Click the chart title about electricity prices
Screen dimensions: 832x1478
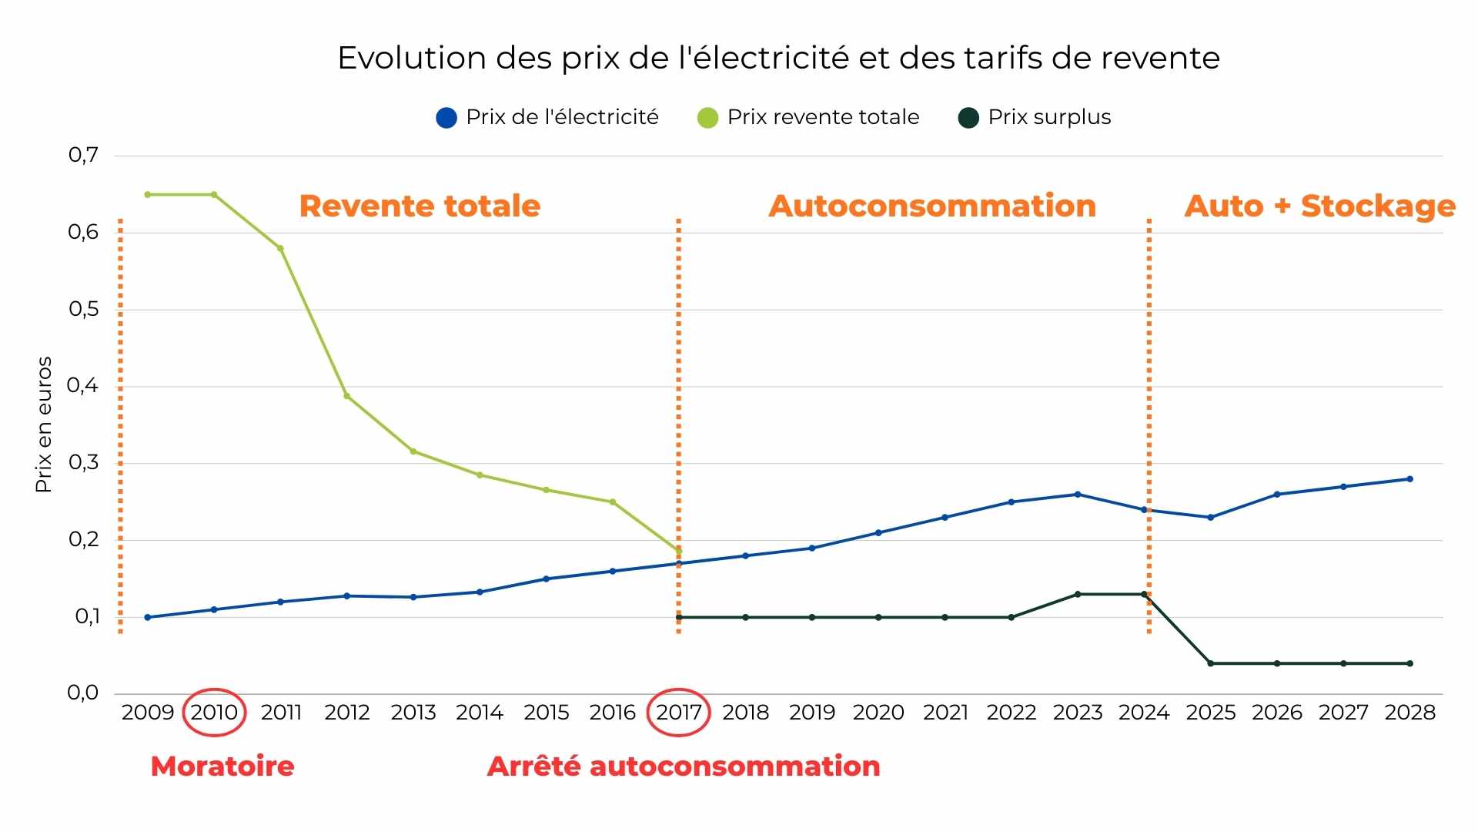(x=778, y=59)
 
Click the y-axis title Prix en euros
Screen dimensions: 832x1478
(x=44, y=424)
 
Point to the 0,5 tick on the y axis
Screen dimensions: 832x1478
(x=84, y=309)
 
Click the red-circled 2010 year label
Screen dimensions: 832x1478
(x=214, y=712)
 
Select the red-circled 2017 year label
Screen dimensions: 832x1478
(x=678, y=712)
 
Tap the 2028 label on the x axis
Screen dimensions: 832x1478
(x=1409, y=712)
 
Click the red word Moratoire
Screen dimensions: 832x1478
(x=222, y=766)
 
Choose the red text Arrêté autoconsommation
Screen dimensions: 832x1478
(x=684, y=766)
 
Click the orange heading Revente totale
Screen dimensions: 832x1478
(x=420, y=206)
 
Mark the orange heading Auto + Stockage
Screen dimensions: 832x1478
(x=1319, y=206)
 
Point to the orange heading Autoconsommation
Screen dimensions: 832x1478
(x=932, y=206)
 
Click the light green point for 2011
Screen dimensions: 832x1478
(x=280, y=248)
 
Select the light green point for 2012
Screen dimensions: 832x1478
(x=346, y=396)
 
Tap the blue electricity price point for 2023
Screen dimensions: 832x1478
(x=1077, y=494)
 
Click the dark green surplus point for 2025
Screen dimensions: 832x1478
(x=1210, y=663)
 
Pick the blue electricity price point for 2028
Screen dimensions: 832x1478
(x=1409, y=478)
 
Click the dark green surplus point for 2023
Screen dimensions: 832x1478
(x=1077, y=594)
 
